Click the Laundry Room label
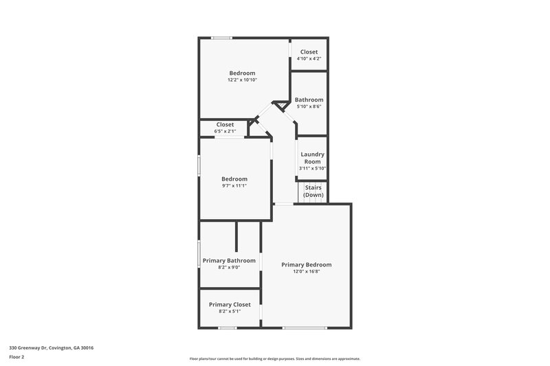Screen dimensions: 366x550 pos(313,158)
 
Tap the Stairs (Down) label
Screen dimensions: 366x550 pos(313,191)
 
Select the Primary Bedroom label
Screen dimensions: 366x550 pos(306,264)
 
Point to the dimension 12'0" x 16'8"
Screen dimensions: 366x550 pos(306,272)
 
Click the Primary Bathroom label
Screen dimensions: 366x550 pos(229,260)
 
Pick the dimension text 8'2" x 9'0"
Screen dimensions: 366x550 pos(229,267)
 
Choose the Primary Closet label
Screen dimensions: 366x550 pos(230,304)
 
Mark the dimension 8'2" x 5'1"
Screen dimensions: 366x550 pos(230,311)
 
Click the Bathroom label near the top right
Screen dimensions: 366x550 pos(309,100)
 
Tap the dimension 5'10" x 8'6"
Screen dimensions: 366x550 pos(309,106)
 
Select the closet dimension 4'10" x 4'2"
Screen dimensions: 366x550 pos(309,58)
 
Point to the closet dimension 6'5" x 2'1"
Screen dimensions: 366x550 pos(225,131)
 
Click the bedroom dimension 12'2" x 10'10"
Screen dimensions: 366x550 pos(242,80)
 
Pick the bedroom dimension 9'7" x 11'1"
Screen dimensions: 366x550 pos(234,185)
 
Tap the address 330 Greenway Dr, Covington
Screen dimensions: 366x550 pos(51,347)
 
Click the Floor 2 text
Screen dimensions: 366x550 pos(16,357)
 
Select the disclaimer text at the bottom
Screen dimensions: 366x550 pos(274,358)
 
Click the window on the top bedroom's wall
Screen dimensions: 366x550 pos(221,38)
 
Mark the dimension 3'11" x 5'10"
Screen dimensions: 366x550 pos(313,168)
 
